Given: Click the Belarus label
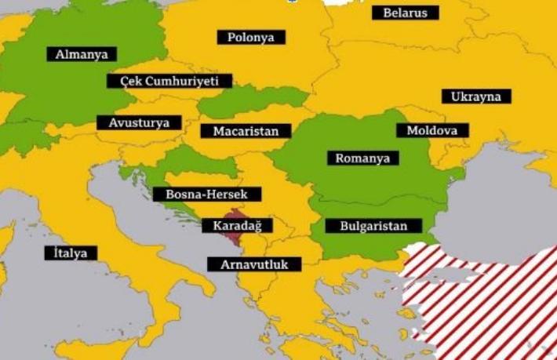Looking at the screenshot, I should click(x=405, y=13).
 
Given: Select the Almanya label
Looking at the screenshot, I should click(x=81, y=54).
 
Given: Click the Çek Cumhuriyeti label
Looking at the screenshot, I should click(x=170, y=81).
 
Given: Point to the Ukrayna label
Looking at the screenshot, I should click(x=475, y=96).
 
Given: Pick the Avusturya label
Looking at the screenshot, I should click(x=139, y=123).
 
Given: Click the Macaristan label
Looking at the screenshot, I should click(x=245, y=131).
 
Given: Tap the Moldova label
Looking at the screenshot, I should click(x=432, y=130).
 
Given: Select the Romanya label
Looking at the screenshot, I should click(x=362, y=158).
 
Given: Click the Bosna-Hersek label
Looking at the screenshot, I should click(x=202, y=194).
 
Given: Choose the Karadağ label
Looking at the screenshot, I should click(x=237, y=226).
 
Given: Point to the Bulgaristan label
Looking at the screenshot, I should click(x=373, y=226).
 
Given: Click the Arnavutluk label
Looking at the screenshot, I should click(x=254, y=264).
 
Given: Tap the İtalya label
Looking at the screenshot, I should click(x=71, y=253).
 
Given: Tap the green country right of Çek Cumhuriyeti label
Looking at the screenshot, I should click(x=259, y=100).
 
